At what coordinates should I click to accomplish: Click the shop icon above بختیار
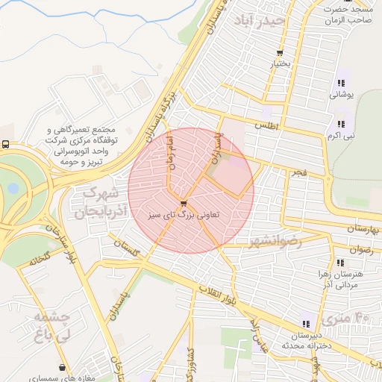click(280, 53)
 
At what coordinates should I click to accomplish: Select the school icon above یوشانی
click(341, 84)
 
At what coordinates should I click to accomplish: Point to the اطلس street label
click(265, 126)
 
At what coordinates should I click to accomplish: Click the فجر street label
click(298, 172)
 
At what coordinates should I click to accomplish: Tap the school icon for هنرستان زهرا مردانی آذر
click(341, 263)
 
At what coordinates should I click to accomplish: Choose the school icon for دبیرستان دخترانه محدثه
click(306, 324)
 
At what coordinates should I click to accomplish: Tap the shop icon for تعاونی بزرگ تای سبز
click(184, 203)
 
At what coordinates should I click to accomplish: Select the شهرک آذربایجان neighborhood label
click(100, 202)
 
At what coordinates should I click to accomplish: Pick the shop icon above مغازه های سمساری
click(62, 367)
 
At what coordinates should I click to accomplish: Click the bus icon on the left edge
click(6, 145)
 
